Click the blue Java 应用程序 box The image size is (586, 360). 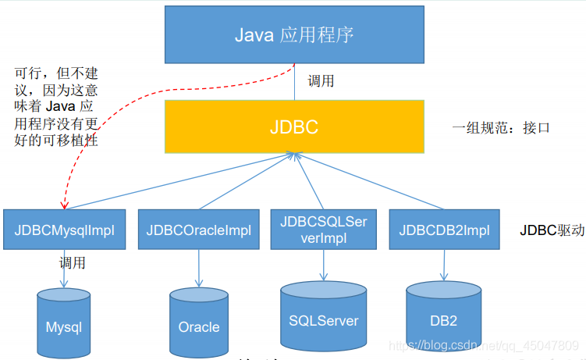294,35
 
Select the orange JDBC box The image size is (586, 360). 294,127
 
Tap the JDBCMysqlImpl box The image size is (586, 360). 65,230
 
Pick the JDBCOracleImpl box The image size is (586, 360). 199,230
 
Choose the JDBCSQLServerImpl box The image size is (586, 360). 323,230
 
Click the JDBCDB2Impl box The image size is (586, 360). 444,230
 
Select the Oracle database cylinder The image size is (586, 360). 198,322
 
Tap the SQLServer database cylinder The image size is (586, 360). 323,315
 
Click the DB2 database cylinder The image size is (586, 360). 443,315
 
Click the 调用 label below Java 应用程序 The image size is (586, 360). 321,81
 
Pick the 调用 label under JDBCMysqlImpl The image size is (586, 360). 73,262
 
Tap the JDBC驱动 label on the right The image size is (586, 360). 552,230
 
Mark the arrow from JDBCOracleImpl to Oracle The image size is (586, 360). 199,269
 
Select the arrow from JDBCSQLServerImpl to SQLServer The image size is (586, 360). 323,266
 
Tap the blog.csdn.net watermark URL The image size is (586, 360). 484,345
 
